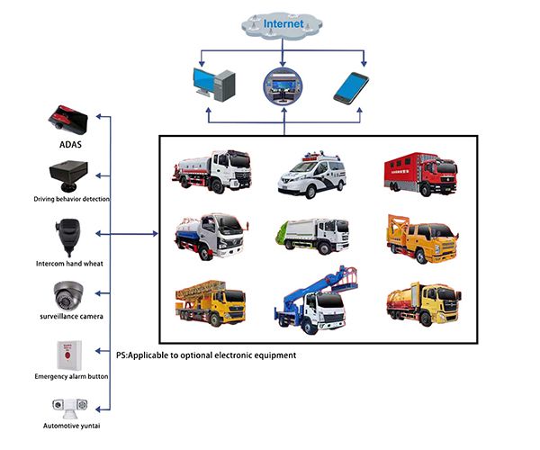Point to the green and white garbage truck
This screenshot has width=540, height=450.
[x=309, y=238]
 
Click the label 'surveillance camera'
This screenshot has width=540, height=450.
[x=70, y=317]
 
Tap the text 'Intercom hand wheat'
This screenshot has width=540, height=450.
[x=70, y=260]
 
